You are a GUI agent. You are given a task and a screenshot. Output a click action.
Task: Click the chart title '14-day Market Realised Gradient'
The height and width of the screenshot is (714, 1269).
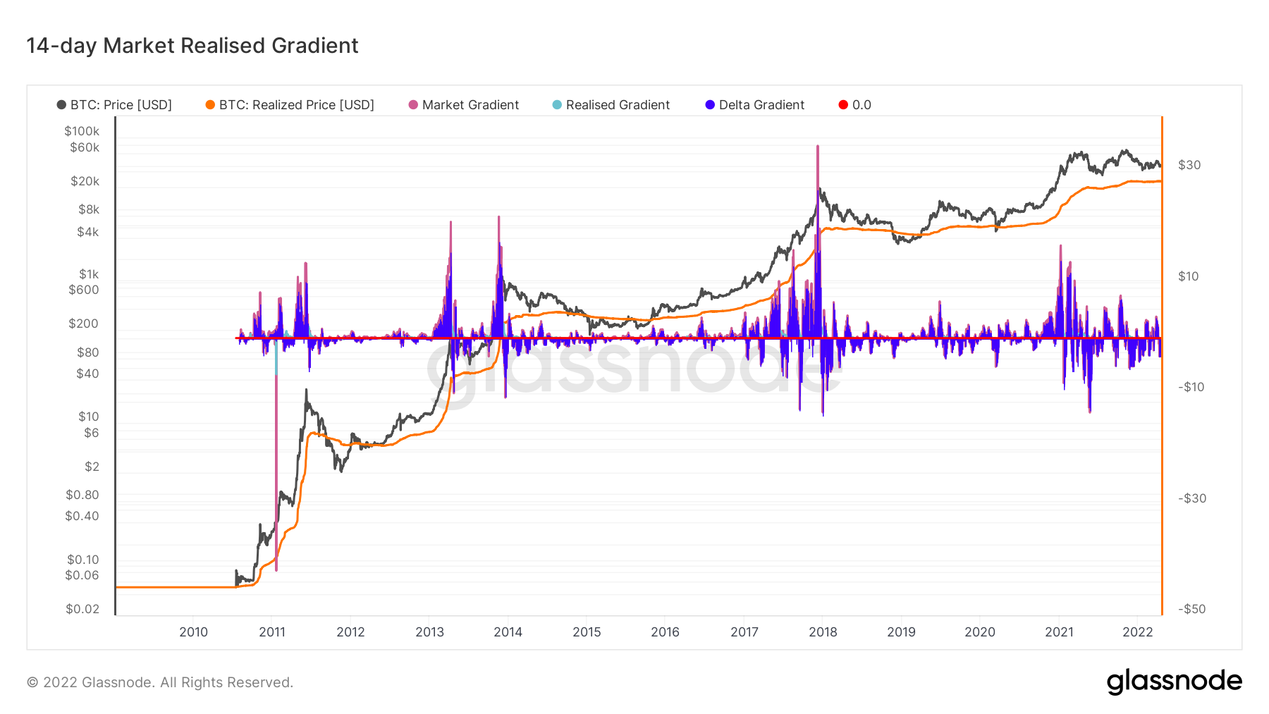192,46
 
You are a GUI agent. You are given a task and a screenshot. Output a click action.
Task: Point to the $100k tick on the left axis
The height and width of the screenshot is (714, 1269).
82,131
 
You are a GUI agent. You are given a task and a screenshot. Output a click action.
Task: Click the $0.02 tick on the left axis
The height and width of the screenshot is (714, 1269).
82,609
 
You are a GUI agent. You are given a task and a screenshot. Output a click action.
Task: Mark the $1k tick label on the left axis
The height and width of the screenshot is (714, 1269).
89,274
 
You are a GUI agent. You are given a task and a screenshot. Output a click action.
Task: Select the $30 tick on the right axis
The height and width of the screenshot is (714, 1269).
1189,165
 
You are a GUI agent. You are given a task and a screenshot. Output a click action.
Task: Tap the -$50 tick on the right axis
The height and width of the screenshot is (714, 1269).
1191,609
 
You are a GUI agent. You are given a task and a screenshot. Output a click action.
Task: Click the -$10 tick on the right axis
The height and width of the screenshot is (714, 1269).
1191,387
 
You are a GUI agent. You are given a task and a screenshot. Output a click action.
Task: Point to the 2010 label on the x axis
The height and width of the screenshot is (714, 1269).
193,632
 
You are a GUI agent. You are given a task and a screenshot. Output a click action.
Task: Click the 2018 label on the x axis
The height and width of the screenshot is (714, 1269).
823,632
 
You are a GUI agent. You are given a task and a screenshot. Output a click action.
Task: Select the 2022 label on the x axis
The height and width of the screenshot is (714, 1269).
1137,632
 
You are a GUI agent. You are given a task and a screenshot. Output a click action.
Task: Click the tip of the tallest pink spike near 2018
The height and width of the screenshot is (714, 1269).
817,146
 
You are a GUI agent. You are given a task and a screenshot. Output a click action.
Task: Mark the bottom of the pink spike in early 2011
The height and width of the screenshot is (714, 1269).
276,570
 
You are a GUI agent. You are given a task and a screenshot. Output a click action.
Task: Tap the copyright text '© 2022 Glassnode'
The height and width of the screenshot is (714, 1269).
160,682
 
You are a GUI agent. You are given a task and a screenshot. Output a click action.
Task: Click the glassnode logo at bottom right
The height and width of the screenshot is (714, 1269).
1174,682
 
